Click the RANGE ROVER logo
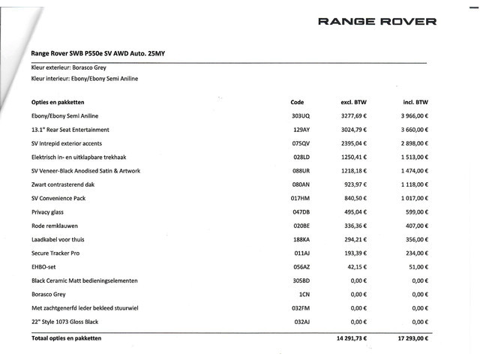pyautogui.click(x=377, y=21)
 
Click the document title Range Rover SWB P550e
pyautogui.click(x=104, y=54)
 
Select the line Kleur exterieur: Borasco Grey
pyautogui.click(x=74, y=67)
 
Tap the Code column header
pyautogui.click(x=297, y=102)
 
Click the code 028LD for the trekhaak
pyautogui.click(x=300, y=157)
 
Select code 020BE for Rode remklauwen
pyautogui.click(x=300, y=226)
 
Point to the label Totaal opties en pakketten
pyautogui.click(x=66, y=339)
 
